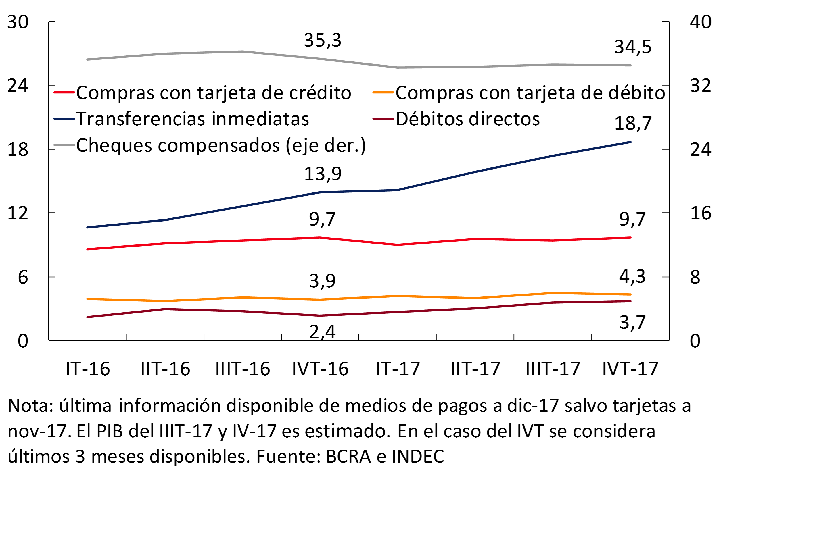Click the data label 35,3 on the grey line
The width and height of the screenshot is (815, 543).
tap(323, 41)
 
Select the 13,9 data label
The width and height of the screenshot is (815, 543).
tap(323, 174)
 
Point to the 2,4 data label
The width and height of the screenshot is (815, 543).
tap(322, 332)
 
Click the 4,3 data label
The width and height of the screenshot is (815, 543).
tap(632, 277)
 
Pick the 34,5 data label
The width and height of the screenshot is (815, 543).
tap(633, 47)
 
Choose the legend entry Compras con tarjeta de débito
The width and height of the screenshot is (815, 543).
tap(530, 93)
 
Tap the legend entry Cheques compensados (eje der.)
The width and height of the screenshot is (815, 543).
tap(221, 145)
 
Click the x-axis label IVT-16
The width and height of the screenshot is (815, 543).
tap(320, 369)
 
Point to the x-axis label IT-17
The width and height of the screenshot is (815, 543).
tap(398, 369)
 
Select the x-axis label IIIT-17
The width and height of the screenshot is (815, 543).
tap(553, 369)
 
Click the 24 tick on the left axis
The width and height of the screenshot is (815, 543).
tap(18, 86)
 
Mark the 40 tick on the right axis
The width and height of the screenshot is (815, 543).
tap(701, 22)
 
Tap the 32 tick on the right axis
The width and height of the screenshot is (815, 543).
tap(701, 86)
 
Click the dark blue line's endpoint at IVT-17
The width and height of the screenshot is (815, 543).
tap(630, 142)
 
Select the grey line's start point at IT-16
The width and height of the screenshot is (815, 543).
tap(87, 59)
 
